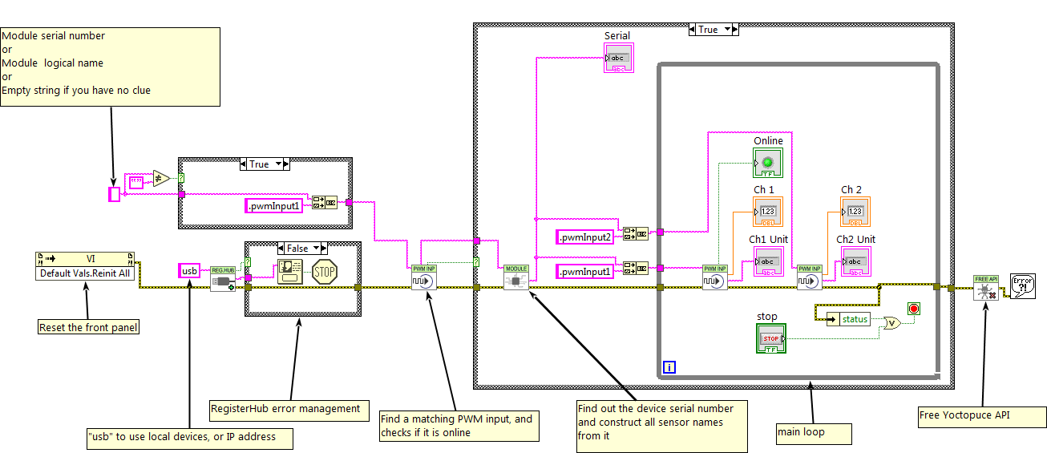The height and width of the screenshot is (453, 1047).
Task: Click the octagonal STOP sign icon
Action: click(324, 271)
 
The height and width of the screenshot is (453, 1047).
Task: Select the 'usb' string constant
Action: click(189, 271)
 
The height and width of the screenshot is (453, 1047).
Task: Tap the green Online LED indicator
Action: click(767, 163)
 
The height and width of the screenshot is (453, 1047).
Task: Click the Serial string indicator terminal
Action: click(618, 59)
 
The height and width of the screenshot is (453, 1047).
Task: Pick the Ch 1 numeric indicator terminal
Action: click(767, 212)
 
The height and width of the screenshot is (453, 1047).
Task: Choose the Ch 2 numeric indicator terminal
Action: click(855, 212)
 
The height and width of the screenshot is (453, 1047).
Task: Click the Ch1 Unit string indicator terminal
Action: click(767, 261)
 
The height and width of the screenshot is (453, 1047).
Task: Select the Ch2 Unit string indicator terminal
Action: click(855, 261)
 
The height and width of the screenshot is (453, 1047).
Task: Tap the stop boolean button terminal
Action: click(770, 338)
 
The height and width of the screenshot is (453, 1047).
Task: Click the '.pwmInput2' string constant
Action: click(588, 237)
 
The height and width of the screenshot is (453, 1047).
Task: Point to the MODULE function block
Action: click(516, 278)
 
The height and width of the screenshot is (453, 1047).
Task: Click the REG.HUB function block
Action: click(222, 278)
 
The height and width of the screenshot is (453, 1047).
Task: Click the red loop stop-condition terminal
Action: click(913, 309)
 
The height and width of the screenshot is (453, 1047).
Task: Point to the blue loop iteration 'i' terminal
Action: click(669, 367)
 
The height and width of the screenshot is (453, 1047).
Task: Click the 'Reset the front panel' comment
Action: click(88, 327)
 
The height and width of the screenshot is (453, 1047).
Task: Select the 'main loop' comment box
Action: click(813, 433)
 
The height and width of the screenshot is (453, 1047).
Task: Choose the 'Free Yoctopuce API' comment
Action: click(981, 417)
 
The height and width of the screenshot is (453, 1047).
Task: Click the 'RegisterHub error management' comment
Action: click(289, 409)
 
